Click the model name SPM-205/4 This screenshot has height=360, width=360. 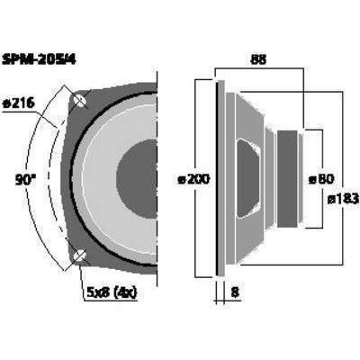point(39,59)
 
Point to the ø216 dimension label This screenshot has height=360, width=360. point(19,103)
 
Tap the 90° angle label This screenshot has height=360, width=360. point(25,180)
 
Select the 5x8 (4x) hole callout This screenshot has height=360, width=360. point(112,292)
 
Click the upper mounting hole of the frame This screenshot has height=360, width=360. point(80,101)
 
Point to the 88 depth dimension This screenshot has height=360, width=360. point(258,59)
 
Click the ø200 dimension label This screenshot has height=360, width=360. point(193,180)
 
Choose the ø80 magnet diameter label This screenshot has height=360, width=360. point(321,179)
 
